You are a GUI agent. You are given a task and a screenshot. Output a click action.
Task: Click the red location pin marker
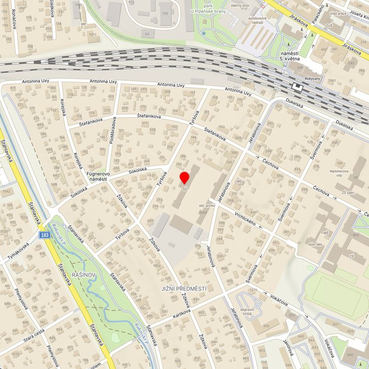184,177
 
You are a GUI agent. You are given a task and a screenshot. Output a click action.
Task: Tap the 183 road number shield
45,235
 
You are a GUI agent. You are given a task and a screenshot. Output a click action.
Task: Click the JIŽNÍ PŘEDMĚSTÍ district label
183,289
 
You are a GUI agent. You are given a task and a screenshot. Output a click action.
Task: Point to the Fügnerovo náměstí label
99,176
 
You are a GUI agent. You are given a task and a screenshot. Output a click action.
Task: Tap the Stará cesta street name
34,337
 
